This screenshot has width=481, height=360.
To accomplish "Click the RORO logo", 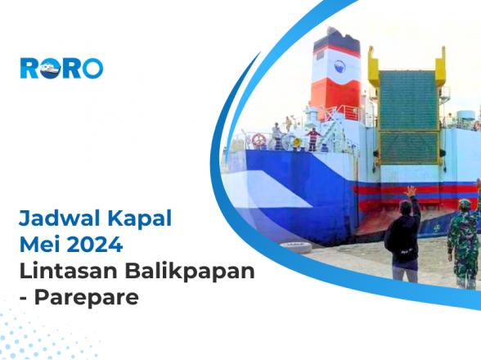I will (x=61, y=68).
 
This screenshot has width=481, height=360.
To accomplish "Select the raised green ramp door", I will (x=409, y=115).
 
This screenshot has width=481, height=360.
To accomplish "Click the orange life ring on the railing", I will (x=259, y=139).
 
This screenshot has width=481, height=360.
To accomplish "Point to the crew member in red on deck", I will (x=312, y=137).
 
